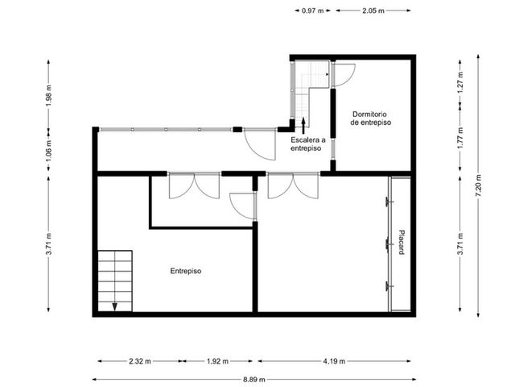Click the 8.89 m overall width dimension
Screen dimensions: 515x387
(254, 380)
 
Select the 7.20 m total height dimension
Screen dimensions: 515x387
(478, 185)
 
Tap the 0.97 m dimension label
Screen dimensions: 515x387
(313, 10)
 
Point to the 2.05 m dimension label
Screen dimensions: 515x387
(373, 10)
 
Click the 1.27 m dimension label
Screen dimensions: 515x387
(460, 82)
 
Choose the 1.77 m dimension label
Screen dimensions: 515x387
(460, 138)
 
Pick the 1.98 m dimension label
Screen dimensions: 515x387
(48, 95)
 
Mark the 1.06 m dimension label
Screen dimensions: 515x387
(48, 151)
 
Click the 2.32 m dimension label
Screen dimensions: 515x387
(140, 361)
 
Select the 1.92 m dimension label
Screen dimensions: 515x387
(217, 361)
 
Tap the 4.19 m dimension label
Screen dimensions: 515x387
(334, 361)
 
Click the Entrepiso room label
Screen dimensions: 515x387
(186, 271)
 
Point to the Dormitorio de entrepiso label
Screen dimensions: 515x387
(371, 119)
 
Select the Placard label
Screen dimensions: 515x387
(401, 242)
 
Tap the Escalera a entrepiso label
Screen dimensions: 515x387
(307, 144)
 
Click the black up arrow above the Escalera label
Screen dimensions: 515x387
(303, 126)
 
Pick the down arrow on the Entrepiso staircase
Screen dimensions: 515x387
(114, 306)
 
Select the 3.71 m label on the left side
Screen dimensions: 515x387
(48, 243)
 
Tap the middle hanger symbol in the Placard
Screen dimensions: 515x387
(389, 243)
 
